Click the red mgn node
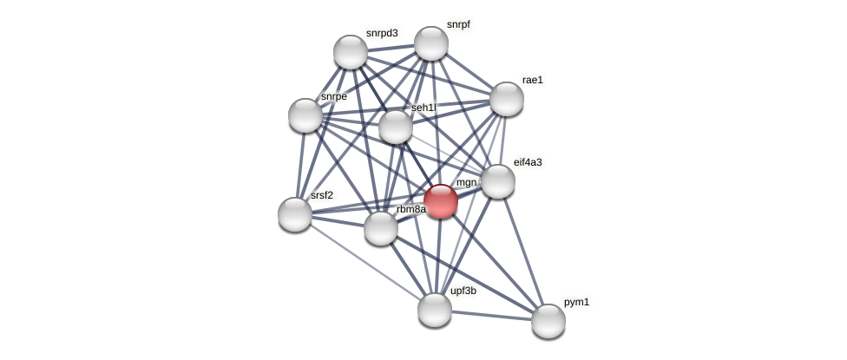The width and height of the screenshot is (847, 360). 441,201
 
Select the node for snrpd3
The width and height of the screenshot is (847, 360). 351,52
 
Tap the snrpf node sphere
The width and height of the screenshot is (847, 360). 431,43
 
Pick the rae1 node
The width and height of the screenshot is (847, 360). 507,99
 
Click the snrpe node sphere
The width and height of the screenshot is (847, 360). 305,115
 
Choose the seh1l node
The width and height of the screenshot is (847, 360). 396,127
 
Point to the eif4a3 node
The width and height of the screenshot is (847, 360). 498,181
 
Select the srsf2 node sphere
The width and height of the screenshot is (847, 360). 295,214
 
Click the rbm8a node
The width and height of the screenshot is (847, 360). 381,228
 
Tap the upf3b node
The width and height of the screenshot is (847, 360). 435,310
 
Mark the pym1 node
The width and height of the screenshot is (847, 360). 548,321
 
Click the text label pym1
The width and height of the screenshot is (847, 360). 576,302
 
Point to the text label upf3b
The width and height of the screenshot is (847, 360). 463,291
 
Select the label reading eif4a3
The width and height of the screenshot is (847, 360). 528,162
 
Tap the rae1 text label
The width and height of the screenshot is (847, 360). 532,80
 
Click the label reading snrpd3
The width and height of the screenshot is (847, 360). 382,33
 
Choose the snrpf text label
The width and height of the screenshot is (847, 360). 458,24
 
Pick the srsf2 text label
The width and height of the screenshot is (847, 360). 322,195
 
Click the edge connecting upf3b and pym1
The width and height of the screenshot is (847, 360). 491,315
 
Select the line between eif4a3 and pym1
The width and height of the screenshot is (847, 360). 523,252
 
